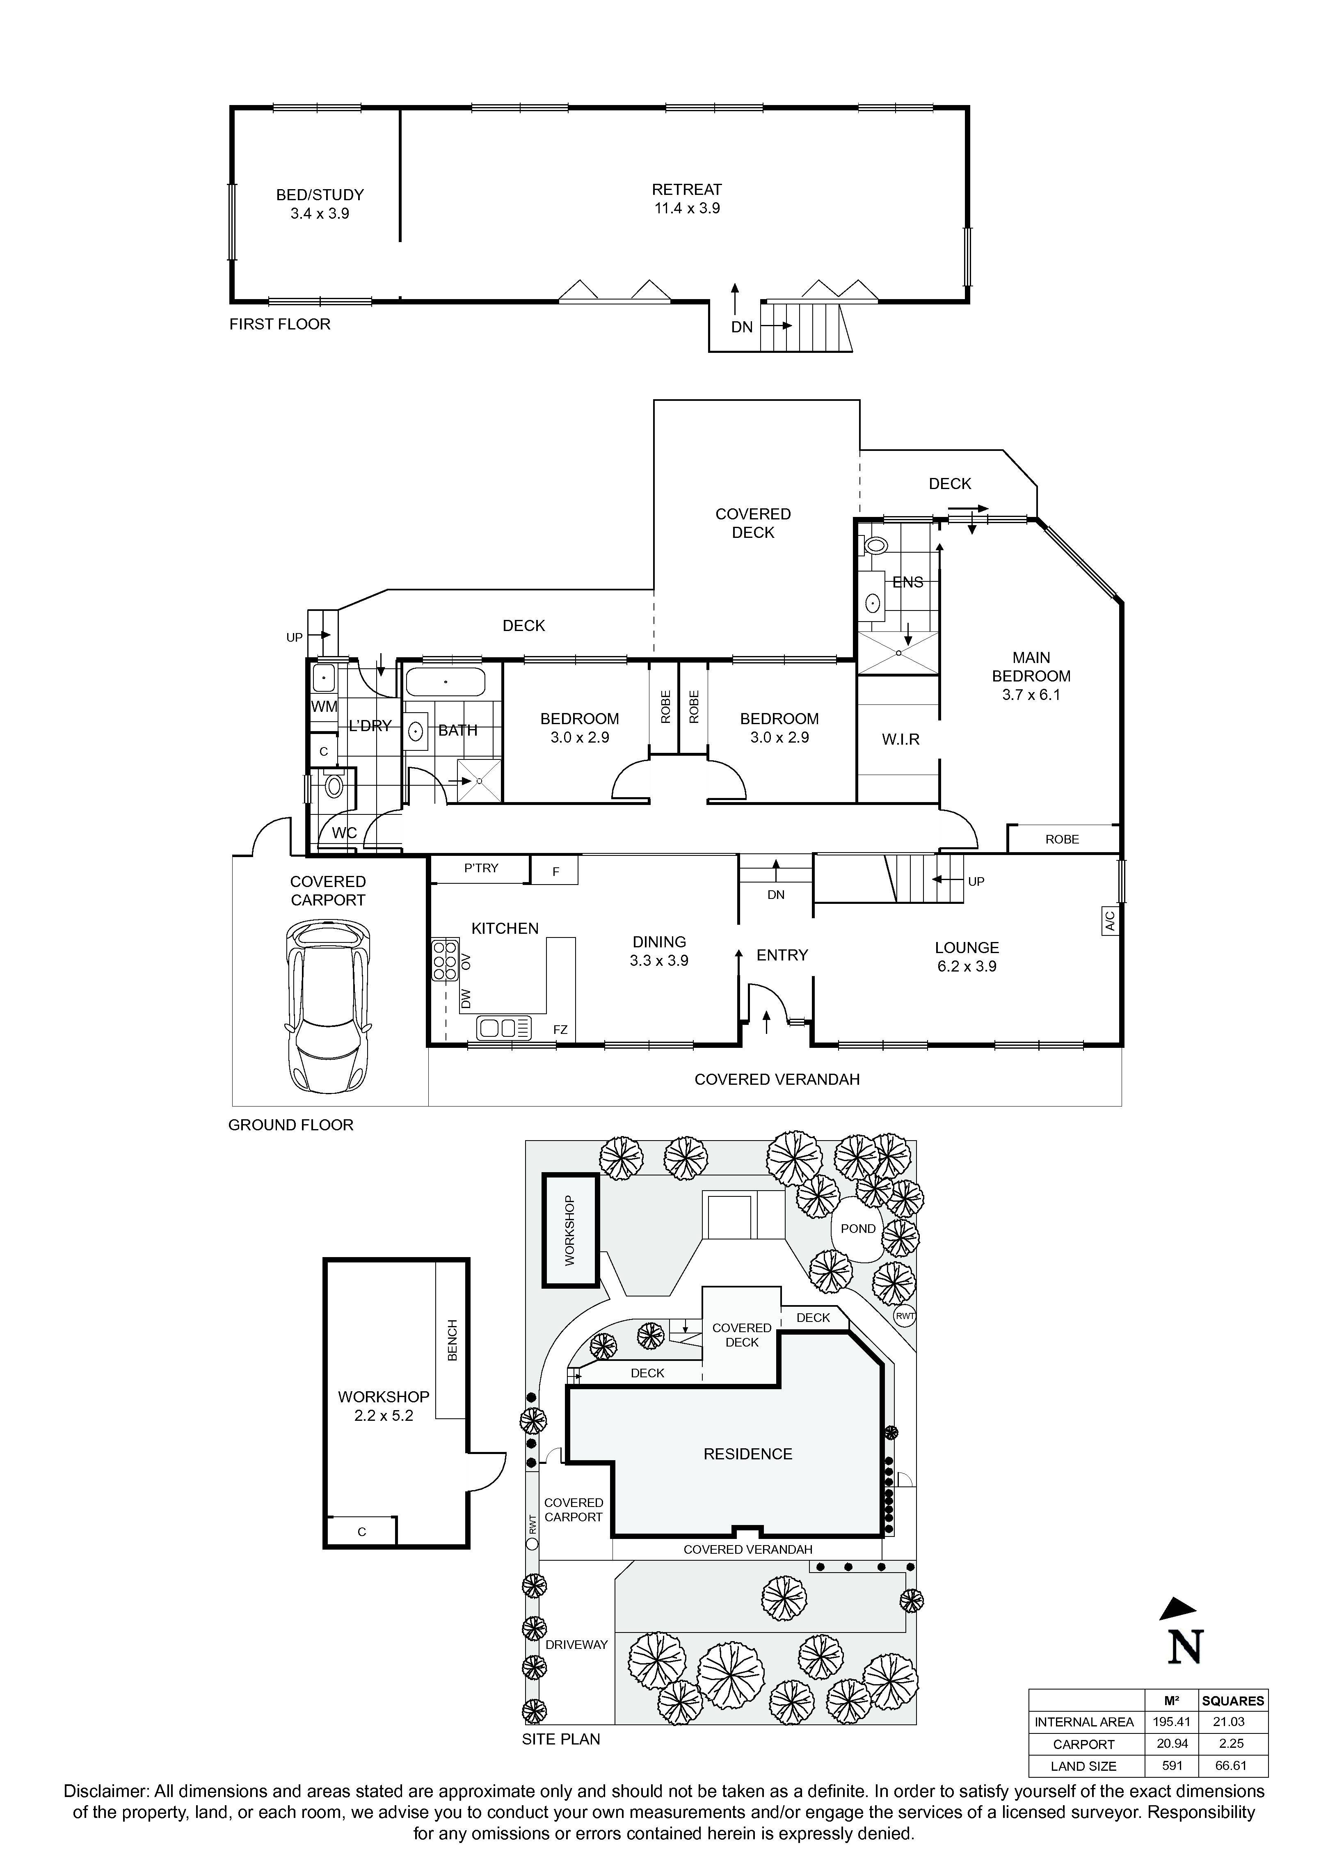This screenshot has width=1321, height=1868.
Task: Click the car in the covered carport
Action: click(329, 1006)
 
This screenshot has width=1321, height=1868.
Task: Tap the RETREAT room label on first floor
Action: click(686, 190)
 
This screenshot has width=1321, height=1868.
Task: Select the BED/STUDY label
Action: click(320, 195)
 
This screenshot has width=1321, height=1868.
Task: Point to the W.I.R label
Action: click(900, 740)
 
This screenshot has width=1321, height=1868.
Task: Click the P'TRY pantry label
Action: click(481, 868)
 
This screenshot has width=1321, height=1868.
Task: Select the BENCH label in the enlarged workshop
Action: click(452, 1340)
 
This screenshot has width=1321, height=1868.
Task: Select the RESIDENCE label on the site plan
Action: click(747, 1454)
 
